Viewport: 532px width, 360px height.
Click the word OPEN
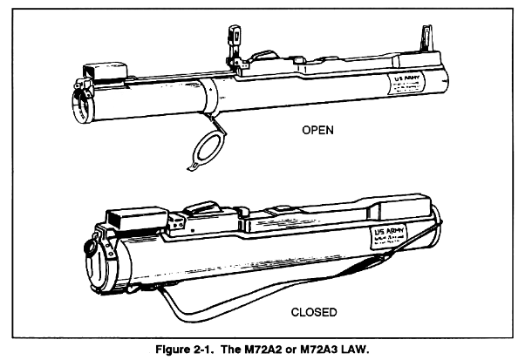318,132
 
